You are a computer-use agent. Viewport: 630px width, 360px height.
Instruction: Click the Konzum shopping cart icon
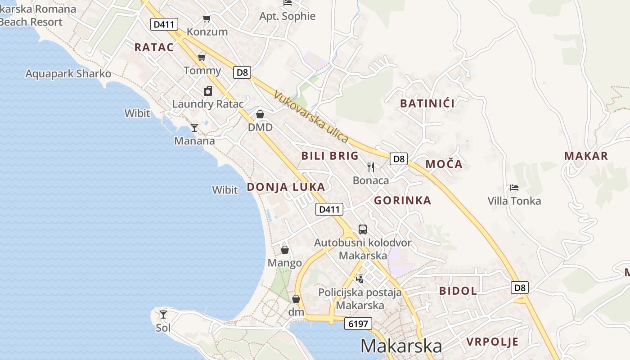[x=207, y=19]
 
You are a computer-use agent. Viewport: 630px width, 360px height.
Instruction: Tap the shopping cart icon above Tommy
[x=202, y=58]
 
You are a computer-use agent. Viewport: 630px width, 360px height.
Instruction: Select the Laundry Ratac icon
[x=208, y=91]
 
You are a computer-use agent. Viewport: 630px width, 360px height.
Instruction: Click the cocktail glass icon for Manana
[x=194, y=128]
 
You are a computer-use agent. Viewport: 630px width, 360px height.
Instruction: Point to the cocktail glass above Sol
[x=163, y=315]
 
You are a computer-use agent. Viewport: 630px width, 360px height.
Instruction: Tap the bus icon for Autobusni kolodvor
[x=363, y=229]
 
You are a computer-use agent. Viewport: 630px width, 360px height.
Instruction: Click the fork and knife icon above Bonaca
[x=371, y=167]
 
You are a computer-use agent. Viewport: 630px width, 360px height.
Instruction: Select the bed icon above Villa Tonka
[x=514, y=188]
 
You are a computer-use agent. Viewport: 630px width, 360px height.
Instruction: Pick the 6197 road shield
[x=358, y=324]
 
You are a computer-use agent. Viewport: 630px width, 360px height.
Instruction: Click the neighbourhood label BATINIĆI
[x=427, y=103]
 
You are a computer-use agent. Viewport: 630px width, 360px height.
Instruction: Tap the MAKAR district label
[x=586, y=156]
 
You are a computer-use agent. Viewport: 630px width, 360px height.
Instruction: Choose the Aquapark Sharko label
[x=68, y=74]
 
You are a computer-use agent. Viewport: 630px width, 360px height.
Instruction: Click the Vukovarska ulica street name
[x=311, y=117]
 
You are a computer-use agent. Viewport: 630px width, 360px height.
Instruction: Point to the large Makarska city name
[x=401, y=346]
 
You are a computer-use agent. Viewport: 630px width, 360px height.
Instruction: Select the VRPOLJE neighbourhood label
[x=492, y=342]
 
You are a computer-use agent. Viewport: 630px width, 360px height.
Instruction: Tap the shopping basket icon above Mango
[x=285, y=250]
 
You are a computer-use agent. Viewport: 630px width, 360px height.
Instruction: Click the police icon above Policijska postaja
[x=360, y=279]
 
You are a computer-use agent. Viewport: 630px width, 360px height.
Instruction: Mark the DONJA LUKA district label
[x=286, y=187]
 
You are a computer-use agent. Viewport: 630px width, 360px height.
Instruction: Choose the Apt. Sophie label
[x=288, y=16]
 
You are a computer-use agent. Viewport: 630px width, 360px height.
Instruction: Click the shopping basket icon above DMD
[x=260, y=115]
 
